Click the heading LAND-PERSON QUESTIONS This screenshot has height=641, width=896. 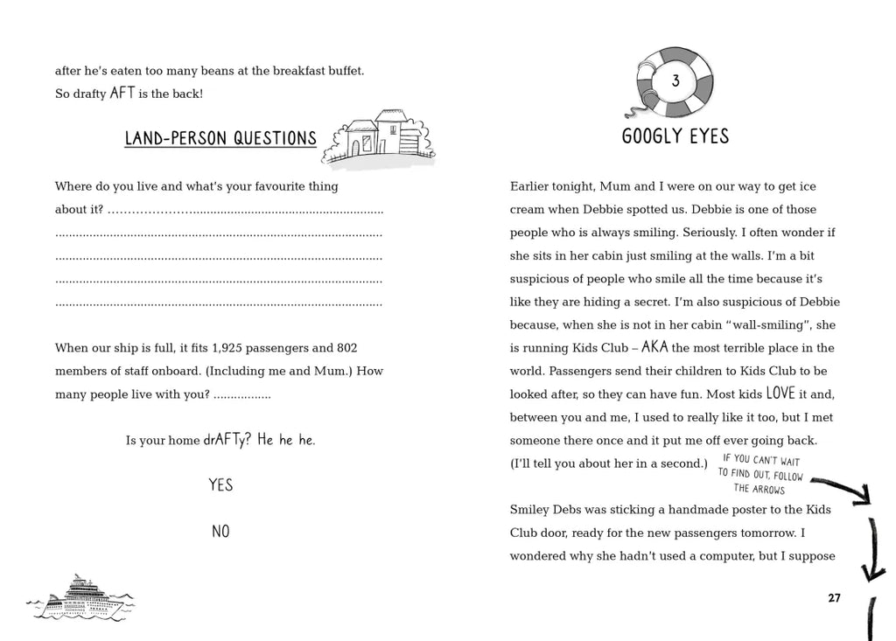(x=220, y=138)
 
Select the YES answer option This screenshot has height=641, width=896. (x=220, y=484)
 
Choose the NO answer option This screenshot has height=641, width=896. (x=220, y=531)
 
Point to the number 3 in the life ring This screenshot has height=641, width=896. (x=675, y=82)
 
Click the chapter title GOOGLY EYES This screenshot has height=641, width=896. (x=675, y=136)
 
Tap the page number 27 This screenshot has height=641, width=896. (x=834, y=598)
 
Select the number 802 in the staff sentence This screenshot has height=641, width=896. (x=344, y=347)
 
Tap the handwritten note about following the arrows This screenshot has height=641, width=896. (x=759, y=475)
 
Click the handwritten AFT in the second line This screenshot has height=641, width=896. (x=122, y=93)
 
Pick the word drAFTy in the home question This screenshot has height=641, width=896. (x=223, y=440)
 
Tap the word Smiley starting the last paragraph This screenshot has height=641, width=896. (x=531, y=509)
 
